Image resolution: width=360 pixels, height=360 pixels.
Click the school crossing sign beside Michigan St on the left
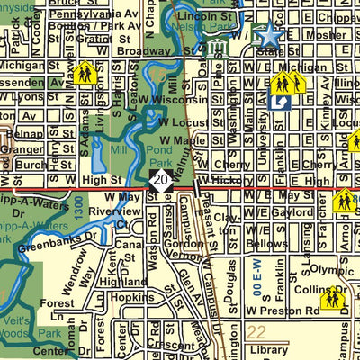pyautogui.click(x=86, y=72)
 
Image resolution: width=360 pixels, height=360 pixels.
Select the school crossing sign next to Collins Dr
pyautogui.click(x=334, y=298)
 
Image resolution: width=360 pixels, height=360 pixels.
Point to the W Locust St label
pyautogui.click(x=183, y=121)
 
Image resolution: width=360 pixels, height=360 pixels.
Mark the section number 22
pyautogui.click(x=256, y=332)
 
